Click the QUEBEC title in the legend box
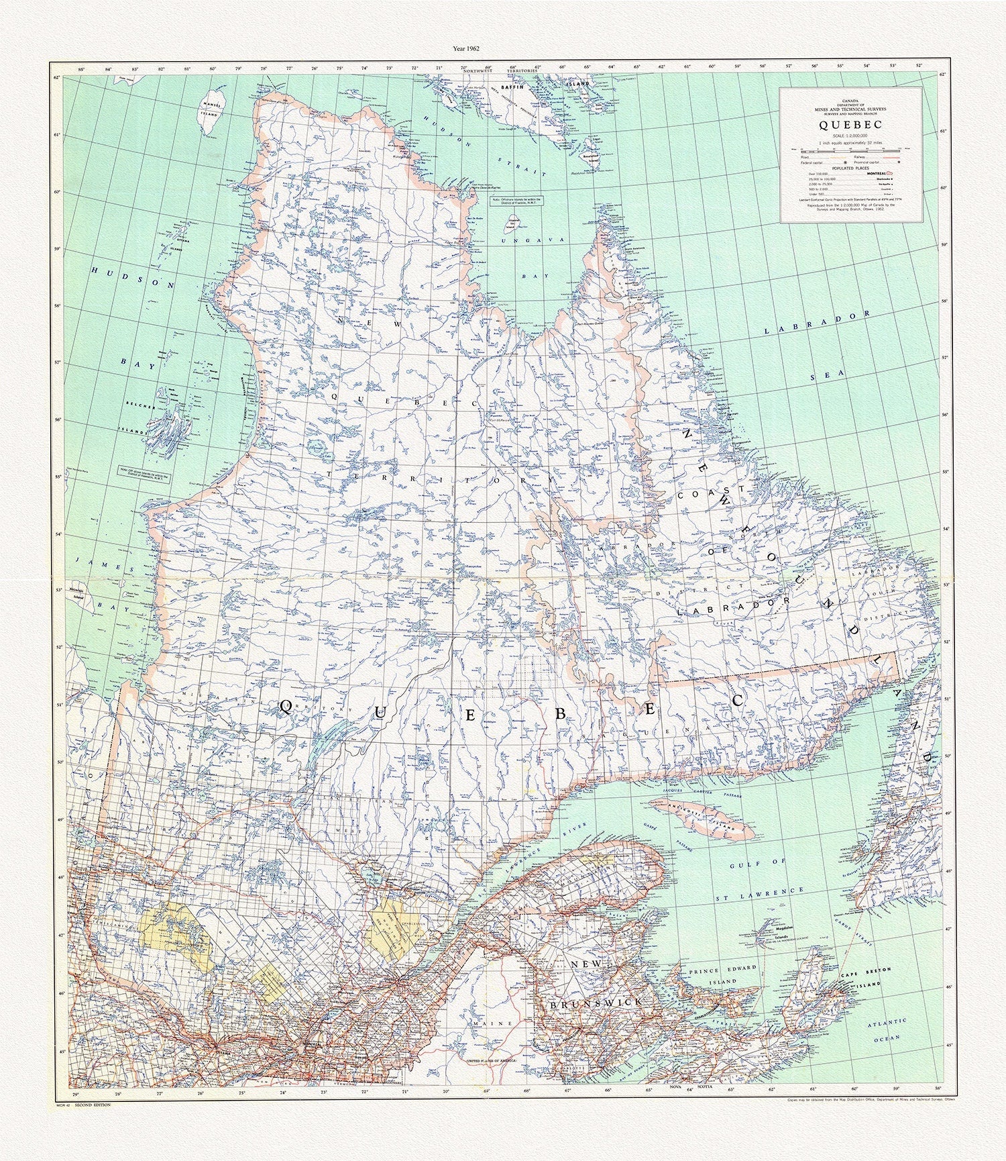850,125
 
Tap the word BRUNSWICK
594,1001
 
